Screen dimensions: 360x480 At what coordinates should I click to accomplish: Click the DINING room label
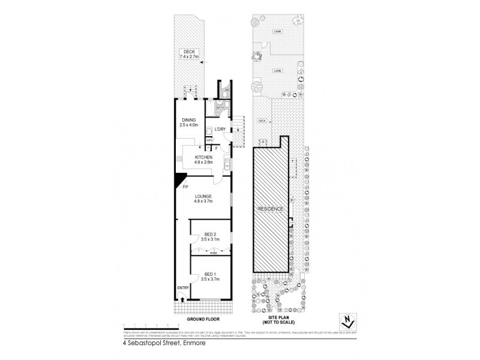(x=190, y=122)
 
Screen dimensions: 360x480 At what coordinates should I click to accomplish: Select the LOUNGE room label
(x=202, y=198)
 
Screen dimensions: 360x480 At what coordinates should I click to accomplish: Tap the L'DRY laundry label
(x=220, y=129)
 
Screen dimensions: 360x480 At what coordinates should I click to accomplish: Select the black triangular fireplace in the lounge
(x=179, y=180)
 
